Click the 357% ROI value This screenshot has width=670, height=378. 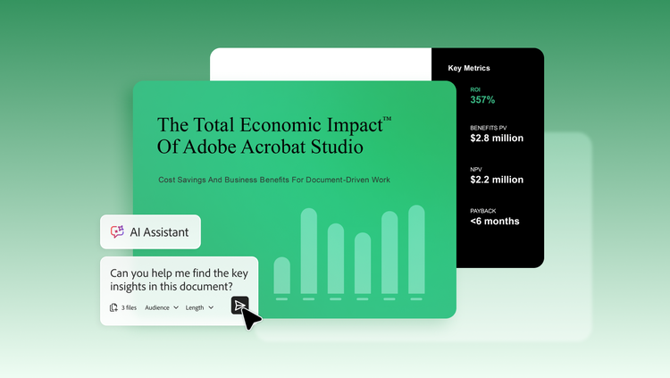click(x=482, y=100)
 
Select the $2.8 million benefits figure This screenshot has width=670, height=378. click(x=497, y=139)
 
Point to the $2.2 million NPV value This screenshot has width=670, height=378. click(x=497, y=180)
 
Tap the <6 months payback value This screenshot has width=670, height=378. click(x=495, y=221)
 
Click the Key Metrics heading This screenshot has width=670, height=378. click(x=469, y=68)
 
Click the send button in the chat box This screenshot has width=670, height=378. click(x=239, y=306)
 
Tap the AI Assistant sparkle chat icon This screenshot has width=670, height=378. click(x=117, y=231)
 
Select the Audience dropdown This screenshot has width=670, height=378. click(x=162, y=307)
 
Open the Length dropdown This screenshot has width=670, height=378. click(x=199, y=307)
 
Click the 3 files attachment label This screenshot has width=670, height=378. click(x=123, y=307)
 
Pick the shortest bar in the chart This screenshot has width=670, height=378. click(x=281, y=275)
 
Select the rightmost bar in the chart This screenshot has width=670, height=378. click(x=416, y=249)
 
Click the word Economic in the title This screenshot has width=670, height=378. click(x=281, y=125)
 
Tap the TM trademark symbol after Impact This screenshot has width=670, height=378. click(x=387, y=119)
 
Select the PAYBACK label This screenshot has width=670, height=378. click(x=482, y=211)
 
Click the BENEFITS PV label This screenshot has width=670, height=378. click(x=488, y=128)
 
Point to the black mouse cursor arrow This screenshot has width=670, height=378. click(x=251, y=318)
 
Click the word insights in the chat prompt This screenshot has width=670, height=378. click(x=127, y=287)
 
